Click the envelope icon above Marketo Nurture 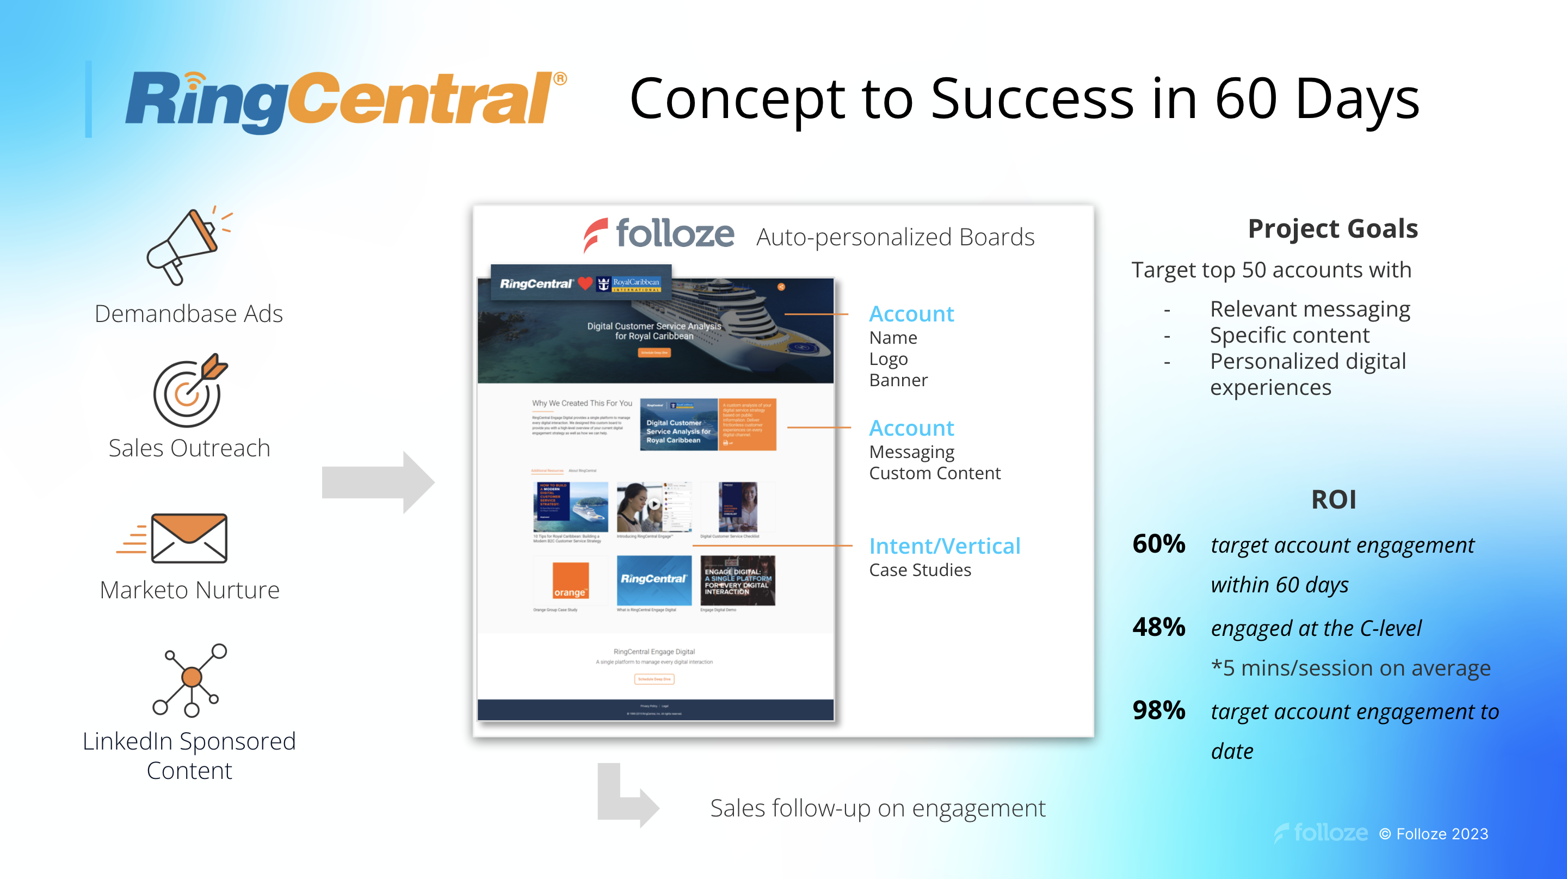[189, 538]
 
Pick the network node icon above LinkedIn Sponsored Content [190, 680]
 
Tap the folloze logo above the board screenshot [659, 234]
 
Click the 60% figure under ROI [1159, 544]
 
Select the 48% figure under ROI [1159, 627]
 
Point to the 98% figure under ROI [1159, 710]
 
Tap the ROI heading [1334, 500]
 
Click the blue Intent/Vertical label [944, 546]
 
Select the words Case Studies [920, 570]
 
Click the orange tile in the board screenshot [570, 581]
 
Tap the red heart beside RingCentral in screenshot [585, 283]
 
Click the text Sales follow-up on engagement [878, 808]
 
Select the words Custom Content [934, 473]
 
